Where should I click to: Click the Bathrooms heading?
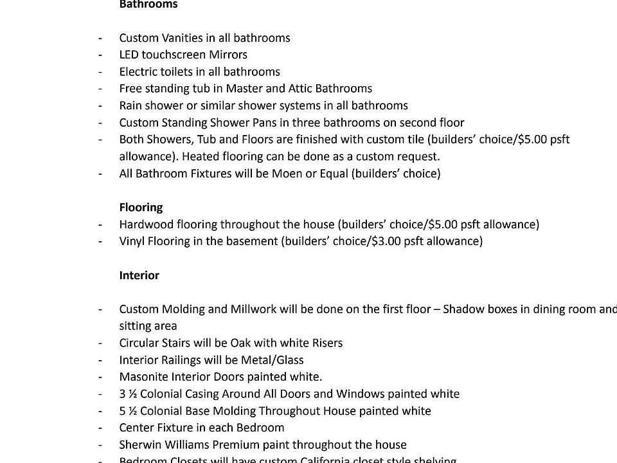pyautogui.click(x=148, y=5)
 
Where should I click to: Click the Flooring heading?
pyautogui.click(x=141, y=207)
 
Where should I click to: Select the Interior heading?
pyautogui.click(x=139, y=275)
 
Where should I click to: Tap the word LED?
pyautogui.click(x=129, y=55)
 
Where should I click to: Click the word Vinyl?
pyautogui.click(x=132, y=241)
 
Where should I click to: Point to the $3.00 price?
pyautogui.click(x=387, y=241)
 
